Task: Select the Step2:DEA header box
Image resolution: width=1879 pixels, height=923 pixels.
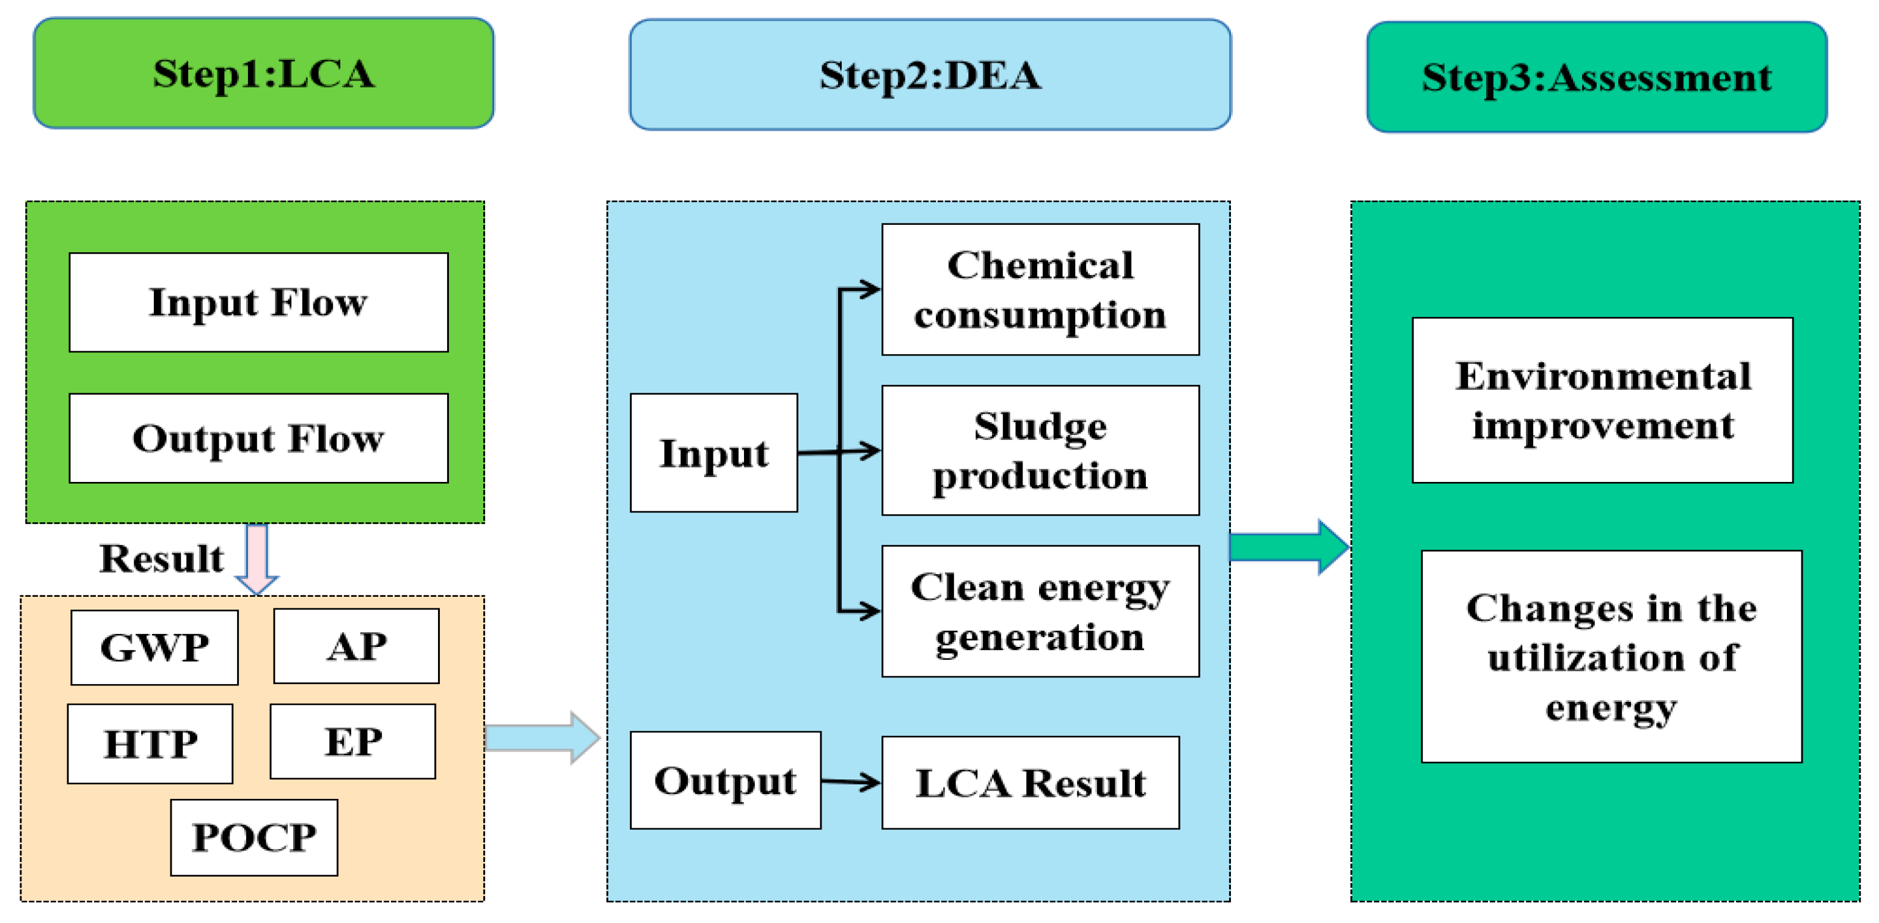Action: (930, 75)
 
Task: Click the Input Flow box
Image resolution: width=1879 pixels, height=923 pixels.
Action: (258, 302)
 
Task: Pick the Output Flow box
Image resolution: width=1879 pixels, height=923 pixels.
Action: (258, 438)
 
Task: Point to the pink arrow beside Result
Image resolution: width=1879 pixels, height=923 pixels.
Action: (257, 559)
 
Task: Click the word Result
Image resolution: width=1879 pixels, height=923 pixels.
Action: (161, 559)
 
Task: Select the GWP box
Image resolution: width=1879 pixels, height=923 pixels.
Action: (155, 647)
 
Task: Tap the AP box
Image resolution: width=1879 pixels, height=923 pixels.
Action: (356, 646)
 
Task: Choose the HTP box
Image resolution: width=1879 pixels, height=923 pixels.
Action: (150, 743)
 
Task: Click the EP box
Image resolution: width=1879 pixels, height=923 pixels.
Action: (353, 742)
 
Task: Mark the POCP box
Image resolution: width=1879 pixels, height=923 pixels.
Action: (254, 837)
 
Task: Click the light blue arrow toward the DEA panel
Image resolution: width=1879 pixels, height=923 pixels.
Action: (541, 738)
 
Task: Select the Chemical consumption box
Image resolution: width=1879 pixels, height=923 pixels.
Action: (1040, 290)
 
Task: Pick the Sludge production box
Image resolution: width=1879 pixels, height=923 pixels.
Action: (1040, 450)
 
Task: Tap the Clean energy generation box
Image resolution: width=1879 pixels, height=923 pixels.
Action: (1040, 611)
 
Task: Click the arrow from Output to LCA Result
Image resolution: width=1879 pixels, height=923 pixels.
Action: (850, 781)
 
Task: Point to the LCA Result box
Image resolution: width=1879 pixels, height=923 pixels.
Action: (1030, 782)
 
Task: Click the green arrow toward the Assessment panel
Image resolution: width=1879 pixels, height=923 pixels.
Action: (1288, 547)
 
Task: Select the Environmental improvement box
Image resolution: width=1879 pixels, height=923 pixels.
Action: (1602, 400)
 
